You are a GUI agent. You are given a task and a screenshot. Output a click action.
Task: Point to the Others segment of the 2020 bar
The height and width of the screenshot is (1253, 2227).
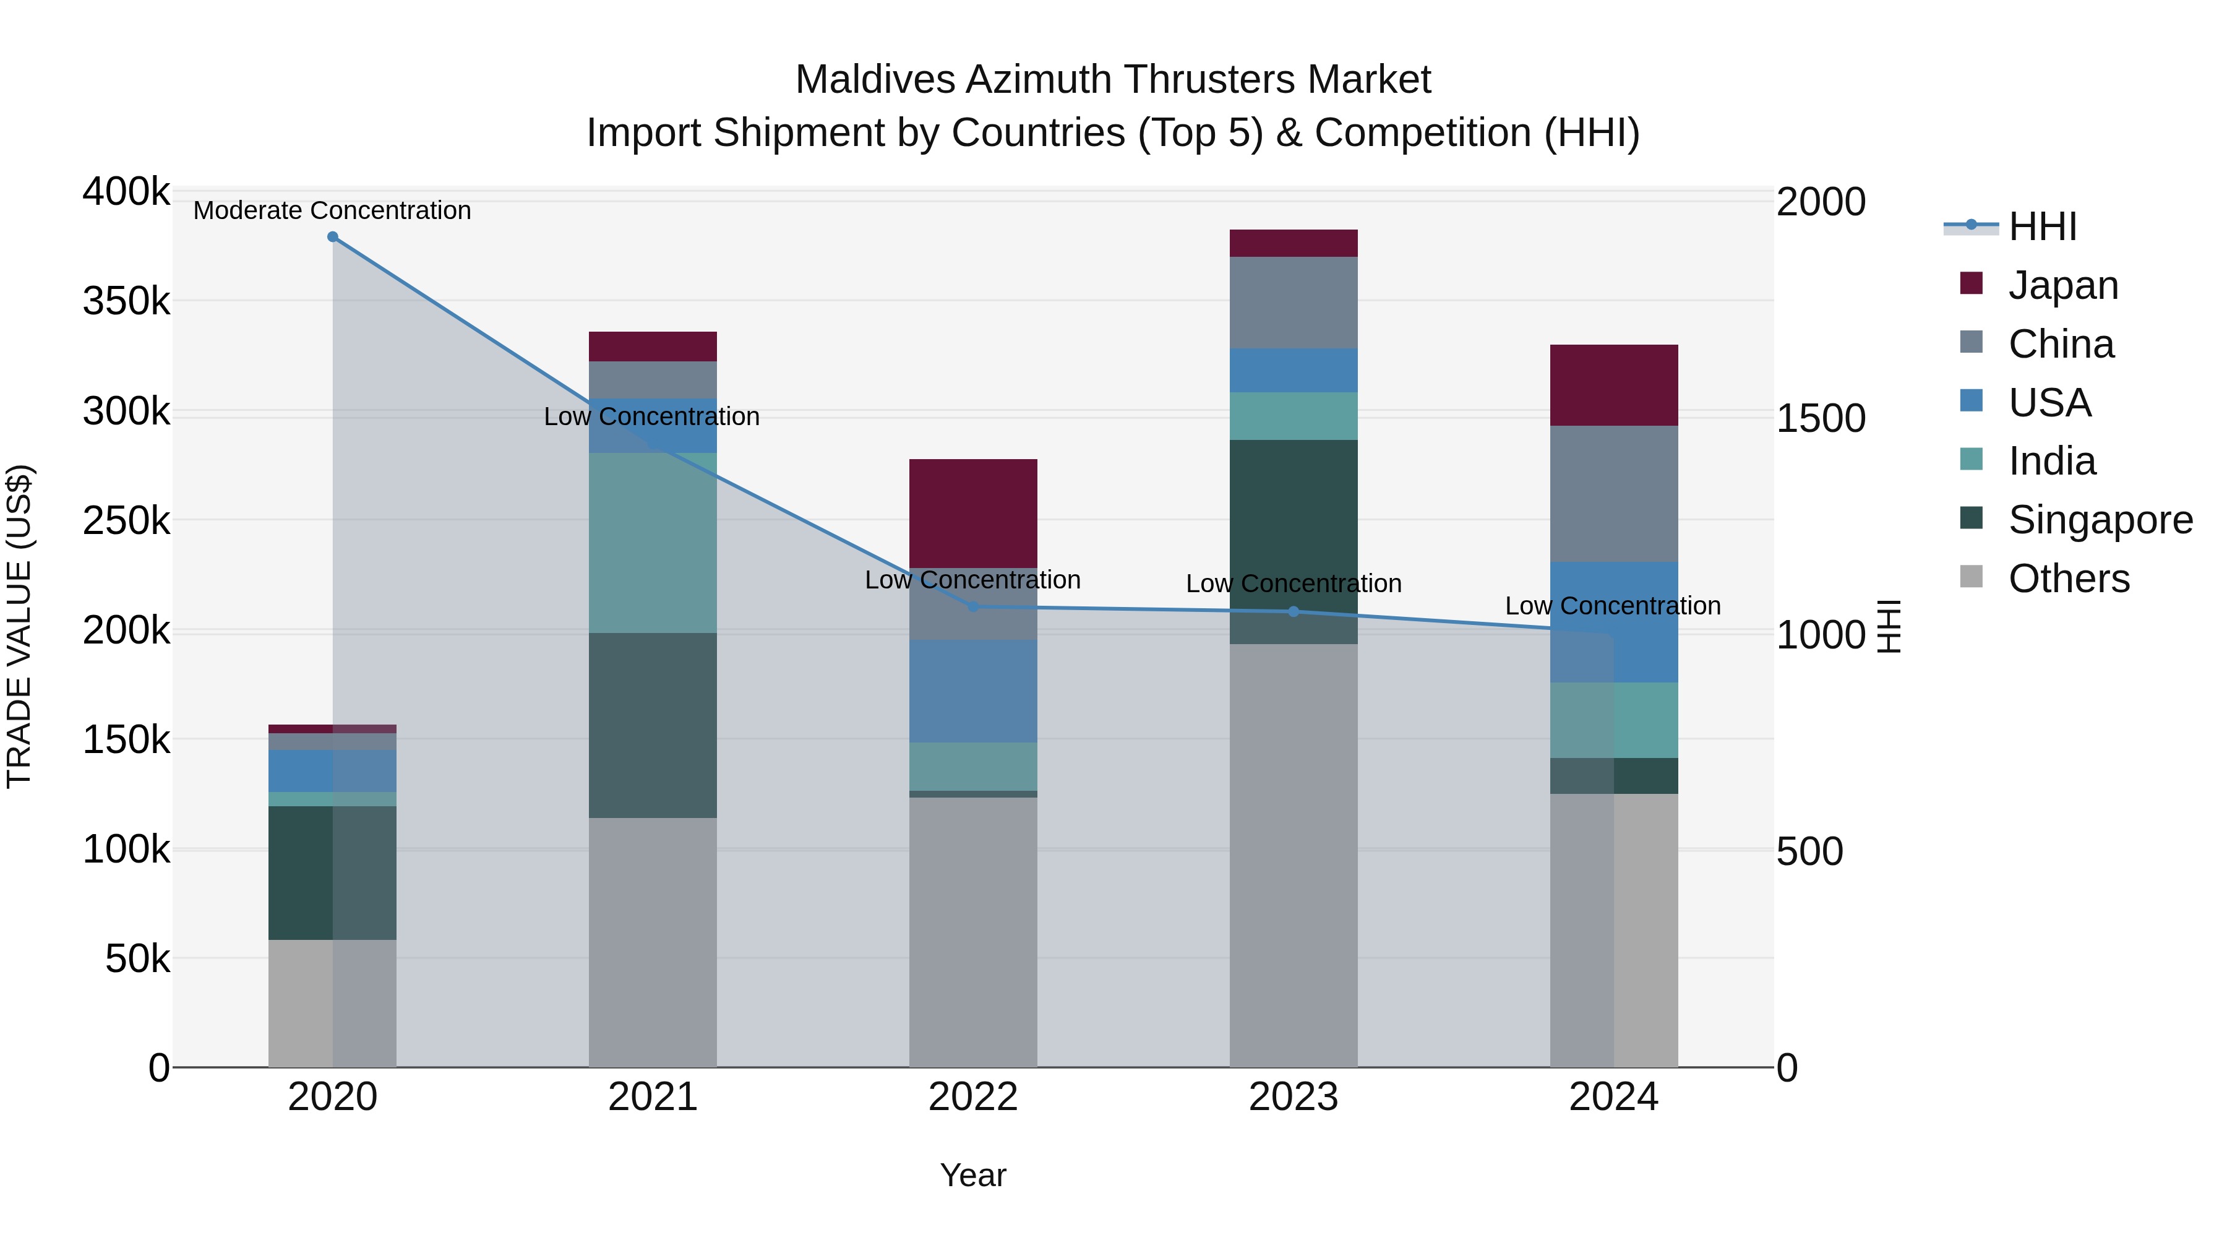pyautogui.click(x=332, y=1002)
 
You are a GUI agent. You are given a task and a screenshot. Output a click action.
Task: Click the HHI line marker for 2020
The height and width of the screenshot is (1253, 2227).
pyautogui.click(x=333, y=237)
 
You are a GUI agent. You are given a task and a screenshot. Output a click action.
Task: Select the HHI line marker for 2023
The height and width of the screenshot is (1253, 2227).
pyautogui.click(x=1294, y=611)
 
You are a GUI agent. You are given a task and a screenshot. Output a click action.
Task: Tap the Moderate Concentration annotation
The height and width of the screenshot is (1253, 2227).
pyautogui.click(x=332, y=210)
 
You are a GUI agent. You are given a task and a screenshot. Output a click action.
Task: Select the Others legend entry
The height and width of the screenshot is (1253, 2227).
pyautogui.click(x=2068, y=579)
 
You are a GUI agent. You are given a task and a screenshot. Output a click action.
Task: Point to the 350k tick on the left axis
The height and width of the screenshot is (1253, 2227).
pyautogui.click(x=126, y=302)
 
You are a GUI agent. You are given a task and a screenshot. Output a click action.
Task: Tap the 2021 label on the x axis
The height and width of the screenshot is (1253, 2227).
pyautogui.click(x=653, y=1097)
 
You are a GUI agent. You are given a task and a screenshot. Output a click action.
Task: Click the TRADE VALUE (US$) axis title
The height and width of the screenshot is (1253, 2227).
pyautogui.click(x=19, y=626)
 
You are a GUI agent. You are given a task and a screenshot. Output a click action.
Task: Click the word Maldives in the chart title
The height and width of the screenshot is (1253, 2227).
pyautogui.click(x=874, y=80)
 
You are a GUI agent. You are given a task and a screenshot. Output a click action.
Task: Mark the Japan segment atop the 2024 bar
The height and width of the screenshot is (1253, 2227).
pyautogui.click(x=1613, y=385)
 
